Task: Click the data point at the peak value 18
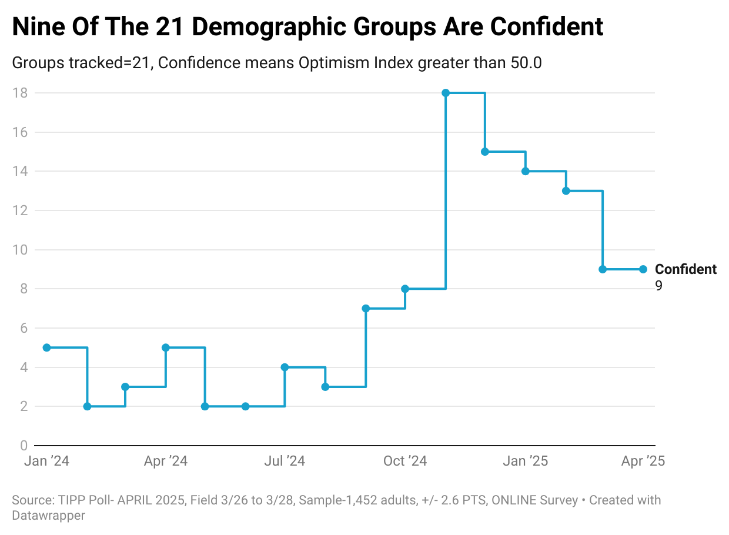(446, 93)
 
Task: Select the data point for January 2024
(46, 347)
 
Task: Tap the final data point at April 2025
(643, 269)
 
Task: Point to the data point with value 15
(485, 152)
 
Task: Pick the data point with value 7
(366, 308)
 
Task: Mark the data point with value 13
(566, 190)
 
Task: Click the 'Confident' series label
(685, 269)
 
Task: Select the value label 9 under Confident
(659, 286)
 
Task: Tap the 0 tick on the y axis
(23, 445)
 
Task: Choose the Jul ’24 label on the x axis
(285, 461)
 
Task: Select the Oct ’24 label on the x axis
(405, 461)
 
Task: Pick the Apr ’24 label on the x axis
(165, 461)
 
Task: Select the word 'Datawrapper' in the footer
(48, 516)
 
